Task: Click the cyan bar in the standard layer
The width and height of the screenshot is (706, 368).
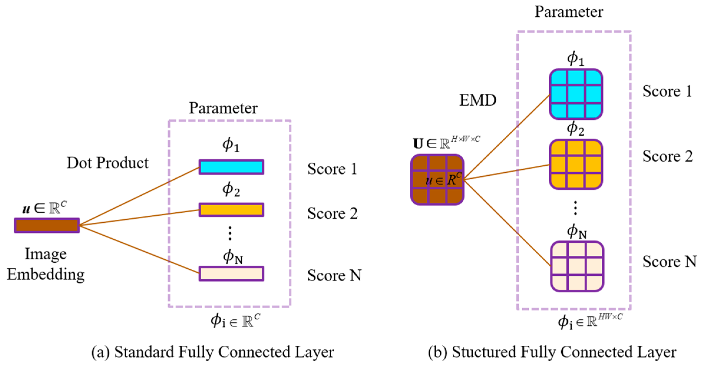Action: point(231,167)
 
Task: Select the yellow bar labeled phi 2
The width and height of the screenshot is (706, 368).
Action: point(231,210)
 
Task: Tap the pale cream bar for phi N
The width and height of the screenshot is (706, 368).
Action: point(231,274)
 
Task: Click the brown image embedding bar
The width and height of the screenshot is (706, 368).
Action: point(47,225)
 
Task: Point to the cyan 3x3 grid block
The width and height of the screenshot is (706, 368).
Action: point(576,94)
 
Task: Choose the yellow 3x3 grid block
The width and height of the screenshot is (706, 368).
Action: point(576,164)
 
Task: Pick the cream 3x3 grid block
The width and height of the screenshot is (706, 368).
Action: point(577,266)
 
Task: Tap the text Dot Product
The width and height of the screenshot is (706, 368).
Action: point(108,163)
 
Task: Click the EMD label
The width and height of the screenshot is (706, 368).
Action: point(477,100)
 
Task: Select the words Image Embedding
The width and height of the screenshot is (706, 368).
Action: point(46,264)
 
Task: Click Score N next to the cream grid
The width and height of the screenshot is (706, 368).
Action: point(669,261)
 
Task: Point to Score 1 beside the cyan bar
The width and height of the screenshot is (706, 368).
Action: point(332,169)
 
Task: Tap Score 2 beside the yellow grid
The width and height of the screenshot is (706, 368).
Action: point(667,156)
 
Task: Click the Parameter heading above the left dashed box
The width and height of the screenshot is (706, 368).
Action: point(223,108)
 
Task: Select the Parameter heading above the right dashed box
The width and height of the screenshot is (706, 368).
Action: point(568,12)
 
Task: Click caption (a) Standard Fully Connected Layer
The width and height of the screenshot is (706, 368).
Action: point(212,352)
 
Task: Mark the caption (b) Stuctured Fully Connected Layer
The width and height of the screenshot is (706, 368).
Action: point(552,352)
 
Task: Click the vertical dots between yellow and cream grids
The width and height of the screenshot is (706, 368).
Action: point(575,208)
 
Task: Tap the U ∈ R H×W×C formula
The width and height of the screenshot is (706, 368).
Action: point(446,143)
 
